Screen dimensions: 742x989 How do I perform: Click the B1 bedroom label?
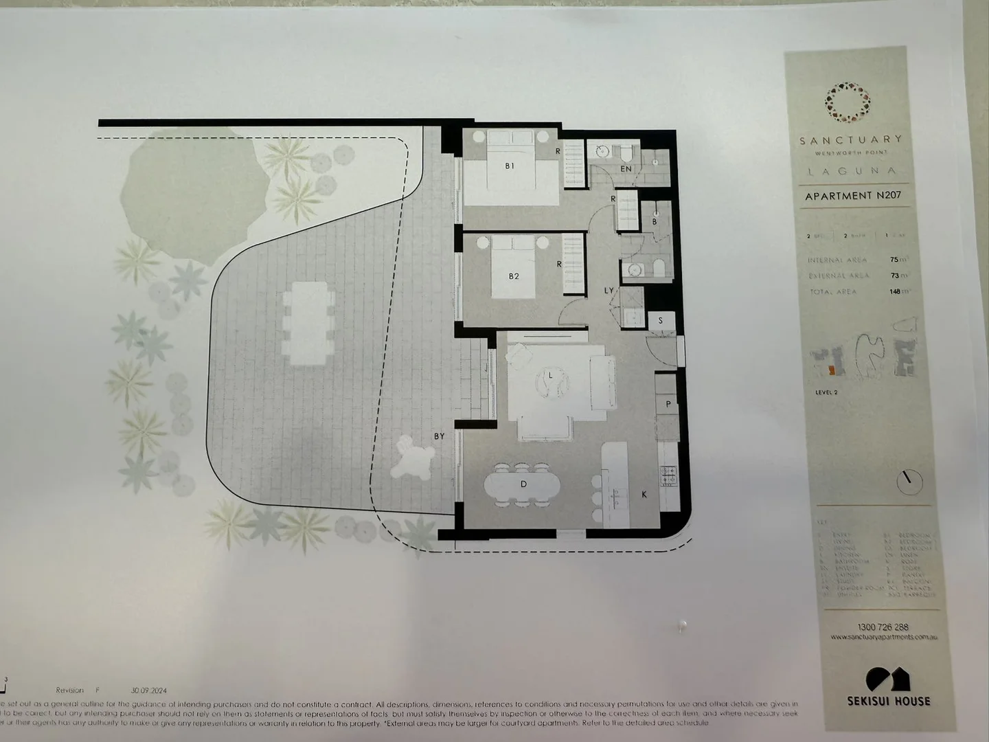(510, 166)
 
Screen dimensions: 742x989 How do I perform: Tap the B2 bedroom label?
(513, 276)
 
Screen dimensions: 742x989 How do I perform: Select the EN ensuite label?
(626, 168)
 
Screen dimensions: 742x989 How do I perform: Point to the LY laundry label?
(609, 291)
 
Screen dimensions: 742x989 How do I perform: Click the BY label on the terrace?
(439, 436)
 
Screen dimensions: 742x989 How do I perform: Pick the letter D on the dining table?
(523, 484)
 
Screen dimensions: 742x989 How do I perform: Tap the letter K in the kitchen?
(644, 494)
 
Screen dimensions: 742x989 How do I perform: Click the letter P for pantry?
(668, 404)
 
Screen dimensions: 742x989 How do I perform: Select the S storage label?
(661, 320)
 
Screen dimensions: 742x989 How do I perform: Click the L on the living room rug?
(551, 375)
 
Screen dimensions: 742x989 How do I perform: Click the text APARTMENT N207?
(853, 196)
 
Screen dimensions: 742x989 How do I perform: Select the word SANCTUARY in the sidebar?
(850, 140)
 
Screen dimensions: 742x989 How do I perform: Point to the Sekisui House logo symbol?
(888, 679)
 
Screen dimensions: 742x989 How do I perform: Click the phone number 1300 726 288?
(883, 627)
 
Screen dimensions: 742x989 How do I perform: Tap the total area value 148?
(895, 291)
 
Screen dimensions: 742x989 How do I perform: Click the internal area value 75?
(894, 260)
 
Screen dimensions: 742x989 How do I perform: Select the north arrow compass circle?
(909, 480)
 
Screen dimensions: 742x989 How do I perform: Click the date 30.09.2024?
(148, 690)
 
